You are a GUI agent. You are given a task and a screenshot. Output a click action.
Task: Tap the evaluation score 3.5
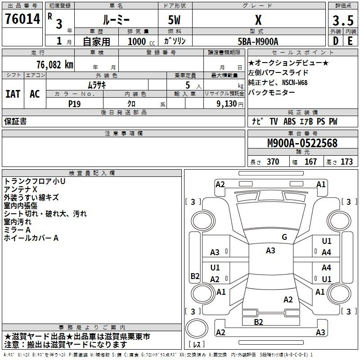click(342, 21)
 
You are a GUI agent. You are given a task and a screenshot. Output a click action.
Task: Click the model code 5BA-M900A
click(258, 41)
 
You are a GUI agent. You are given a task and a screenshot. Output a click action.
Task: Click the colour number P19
click(74, 103)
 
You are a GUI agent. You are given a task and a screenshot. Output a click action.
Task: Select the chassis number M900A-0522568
click(302, 144)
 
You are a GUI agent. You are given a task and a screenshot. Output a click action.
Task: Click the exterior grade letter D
click(335, 41)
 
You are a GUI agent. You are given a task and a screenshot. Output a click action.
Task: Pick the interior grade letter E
click(350, 41)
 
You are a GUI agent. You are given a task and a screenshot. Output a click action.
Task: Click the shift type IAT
click(13, 94)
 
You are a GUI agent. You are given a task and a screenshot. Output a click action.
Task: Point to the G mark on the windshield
click(284, 237)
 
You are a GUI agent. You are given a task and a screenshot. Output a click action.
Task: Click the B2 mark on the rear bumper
click(258, 322)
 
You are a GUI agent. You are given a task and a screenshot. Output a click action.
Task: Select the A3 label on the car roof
click(270, 251)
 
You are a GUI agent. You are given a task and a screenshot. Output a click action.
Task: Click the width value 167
click(310, 162)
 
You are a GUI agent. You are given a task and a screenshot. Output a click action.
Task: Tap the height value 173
click(346, 162)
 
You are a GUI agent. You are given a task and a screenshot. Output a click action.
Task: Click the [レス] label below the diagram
click(196, 345)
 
